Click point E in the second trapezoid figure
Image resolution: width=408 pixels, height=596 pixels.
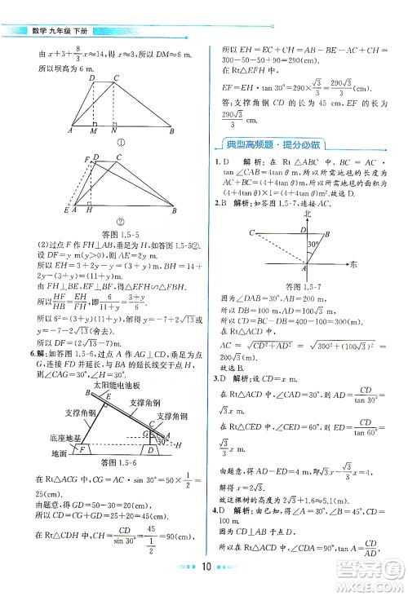tap(67, 210)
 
